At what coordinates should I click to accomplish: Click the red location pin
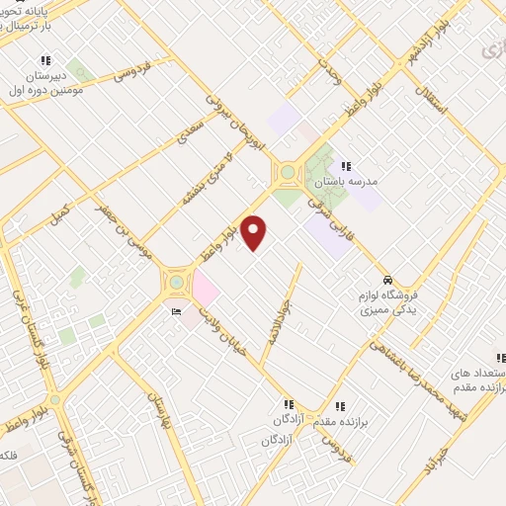(x=255, y=232)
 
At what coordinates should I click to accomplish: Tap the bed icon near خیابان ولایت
(x=176, y=312)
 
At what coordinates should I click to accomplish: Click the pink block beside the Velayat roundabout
(x=205, y=290)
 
